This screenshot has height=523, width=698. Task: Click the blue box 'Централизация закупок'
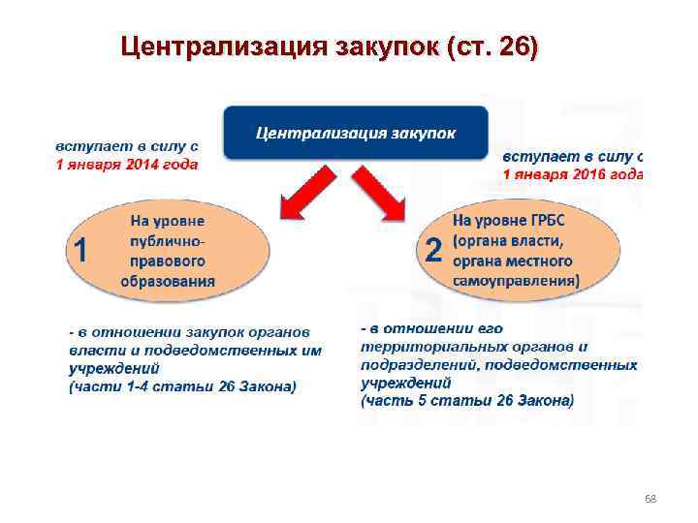356,132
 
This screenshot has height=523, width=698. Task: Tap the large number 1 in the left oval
81,251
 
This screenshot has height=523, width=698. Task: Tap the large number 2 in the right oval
433,251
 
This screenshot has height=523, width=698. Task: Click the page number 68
650,499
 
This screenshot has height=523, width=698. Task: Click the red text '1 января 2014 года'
125,165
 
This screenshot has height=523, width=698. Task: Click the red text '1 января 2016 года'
572,174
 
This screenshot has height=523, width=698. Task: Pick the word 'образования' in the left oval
168,282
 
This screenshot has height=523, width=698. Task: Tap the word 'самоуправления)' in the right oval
517,281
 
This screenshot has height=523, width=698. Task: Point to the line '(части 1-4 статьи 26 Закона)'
182,386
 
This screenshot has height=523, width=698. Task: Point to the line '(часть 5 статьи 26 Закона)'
466,399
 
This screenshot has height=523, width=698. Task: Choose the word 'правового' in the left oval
168,261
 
